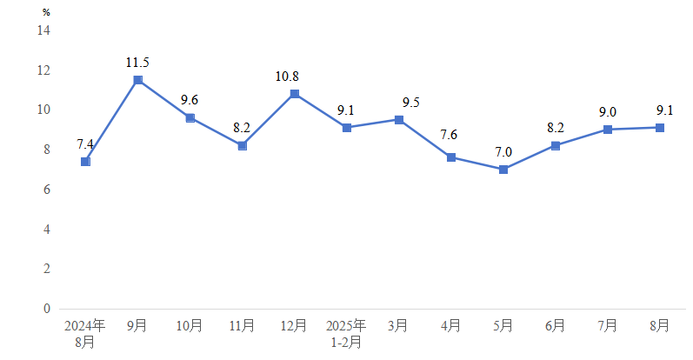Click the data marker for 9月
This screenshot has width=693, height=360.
pos(137,80)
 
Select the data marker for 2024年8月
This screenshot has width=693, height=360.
pos(85,162)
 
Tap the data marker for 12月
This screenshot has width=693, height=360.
pos(294,94)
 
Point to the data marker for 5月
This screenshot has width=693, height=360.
pos(503,170)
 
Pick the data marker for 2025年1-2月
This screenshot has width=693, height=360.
pos(346,128)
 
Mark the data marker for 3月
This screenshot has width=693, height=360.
pos(398,120)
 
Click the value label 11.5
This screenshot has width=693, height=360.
pos(137,63)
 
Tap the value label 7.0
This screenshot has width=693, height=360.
pos(503,152)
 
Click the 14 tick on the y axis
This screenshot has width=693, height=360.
pos(43,30)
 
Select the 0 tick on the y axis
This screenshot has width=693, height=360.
pos(47,309)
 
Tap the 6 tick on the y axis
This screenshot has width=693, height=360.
pos(47,190)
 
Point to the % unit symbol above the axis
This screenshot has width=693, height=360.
pos(46,13)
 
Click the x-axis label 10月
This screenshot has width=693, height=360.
pos(190,326)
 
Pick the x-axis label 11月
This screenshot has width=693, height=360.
pos(242,326)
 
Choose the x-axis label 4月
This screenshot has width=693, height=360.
pos(450,326)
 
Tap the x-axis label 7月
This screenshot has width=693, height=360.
pos(607,326)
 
